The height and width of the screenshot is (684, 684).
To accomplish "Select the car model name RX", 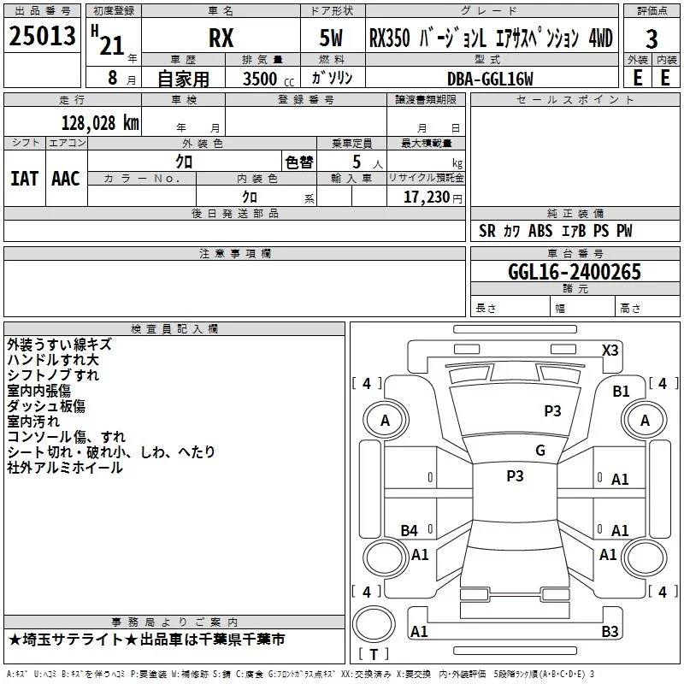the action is point(221,39).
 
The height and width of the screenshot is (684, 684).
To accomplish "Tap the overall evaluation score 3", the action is point(652,39).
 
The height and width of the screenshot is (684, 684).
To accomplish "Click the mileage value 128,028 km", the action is point(100,121).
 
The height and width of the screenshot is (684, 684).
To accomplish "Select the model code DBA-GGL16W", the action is point(490,79).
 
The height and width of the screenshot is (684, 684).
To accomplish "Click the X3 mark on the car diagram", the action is point(610,350).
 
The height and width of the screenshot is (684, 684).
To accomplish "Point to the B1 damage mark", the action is point(621,391).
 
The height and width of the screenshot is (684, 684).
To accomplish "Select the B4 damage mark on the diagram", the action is point(410,530).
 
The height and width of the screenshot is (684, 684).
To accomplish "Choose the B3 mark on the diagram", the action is point(610,632).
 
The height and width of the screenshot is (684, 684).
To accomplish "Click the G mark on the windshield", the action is point(540,450).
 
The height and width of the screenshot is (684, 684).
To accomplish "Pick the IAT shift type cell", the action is point(25,179).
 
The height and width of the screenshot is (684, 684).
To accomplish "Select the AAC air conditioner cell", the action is point(66,179).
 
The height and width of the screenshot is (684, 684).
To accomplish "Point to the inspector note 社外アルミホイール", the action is point(65,468).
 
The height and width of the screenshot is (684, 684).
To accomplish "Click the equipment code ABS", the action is point(540,231).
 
